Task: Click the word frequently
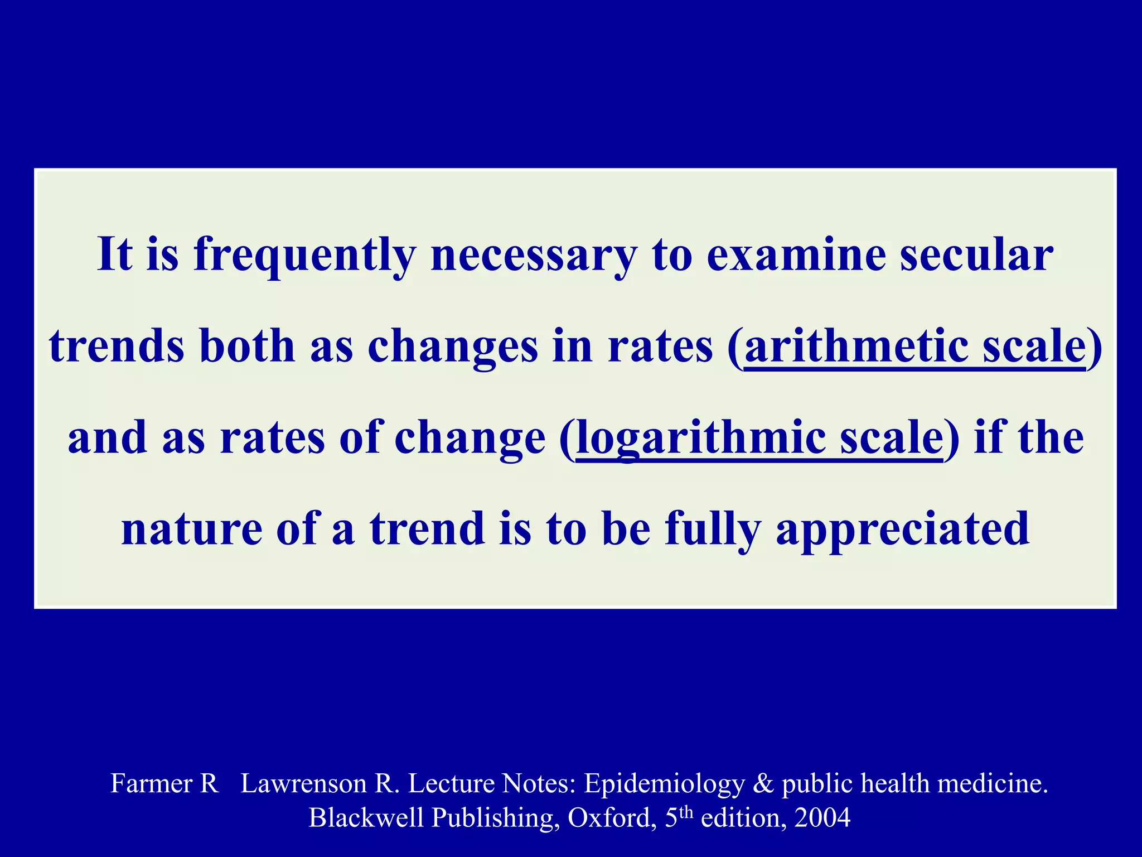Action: pyautogui.click(x=304, y=255)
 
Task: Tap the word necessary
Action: pyautogui.click(x=533, y=255)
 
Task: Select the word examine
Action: pyautogui.click(x=796, y=255)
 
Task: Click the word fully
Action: pyautogui.click(x=713, y=529)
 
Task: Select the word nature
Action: pyautogui.click(x=192, y=529)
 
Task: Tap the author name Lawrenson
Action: pyautogui.click(x=303, y=783)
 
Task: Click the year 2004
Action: pyautogui.click(x=822, y=818)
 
